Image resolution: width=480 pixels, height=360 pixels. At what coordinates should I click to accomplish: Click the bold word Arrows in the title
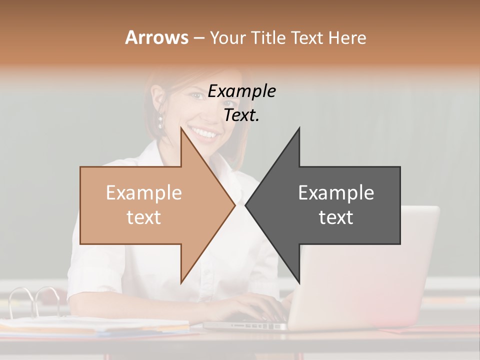tap(156, 37)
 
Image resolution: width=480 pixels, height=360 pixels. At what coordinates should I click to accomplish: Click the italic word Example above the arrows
tap(241, 91)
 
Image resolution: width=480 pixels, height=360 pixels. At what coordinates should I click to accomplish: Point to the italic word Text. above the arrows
tap(241, 115)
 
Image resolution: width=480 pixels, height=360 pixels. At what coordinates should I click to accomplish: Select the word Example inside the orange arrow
tap(143, 193)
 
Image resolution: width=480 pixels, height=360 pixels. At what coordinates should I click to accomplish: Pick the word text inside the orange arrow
tap(143, 217)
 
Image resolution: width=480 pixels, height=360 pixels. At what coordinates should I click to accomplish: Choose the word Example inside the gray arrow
tap(336, 193)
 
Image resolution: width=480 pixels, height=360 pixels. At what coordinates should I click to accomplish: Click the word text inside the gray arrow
tap(336, 217)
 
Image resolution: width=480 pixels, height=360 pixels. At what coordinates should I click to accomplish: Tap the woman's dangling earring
tap(161, 121)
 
